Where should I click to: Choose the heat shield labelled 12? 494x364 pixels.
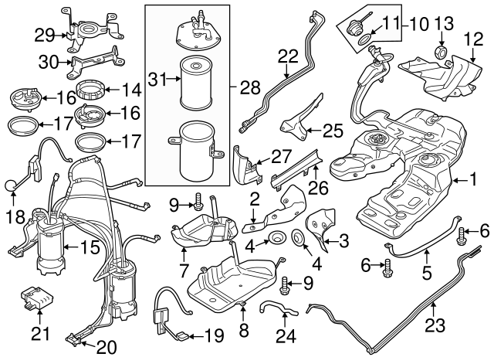(x=444, y=77)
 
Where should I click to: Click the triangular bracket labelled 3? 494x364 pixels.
(x=319, y=226)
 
